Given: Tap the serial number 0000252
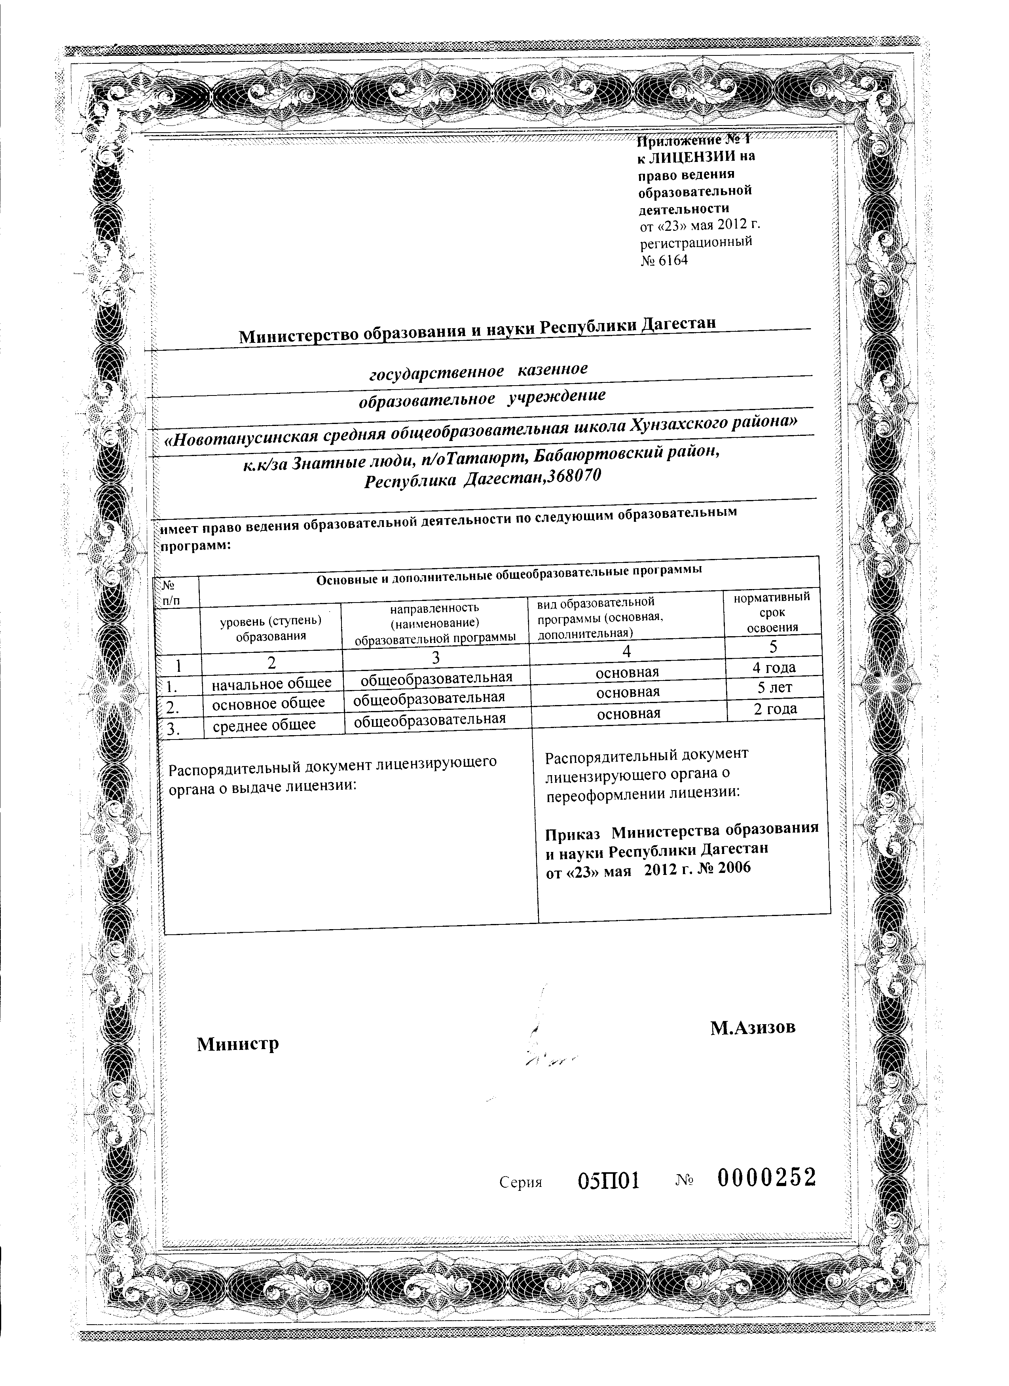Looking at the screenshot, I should coord(766,1177).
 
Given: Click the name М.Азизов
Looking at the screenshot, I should coord(753,1028).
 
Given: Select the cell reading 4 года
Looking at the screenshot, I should coord(774,667).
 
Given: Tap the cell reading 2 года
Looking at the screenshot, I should coord(774,709).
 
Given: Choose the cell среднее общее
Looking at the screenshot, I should coord(264,725).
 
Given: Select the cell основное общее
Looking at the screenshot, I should coord(268,703).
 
